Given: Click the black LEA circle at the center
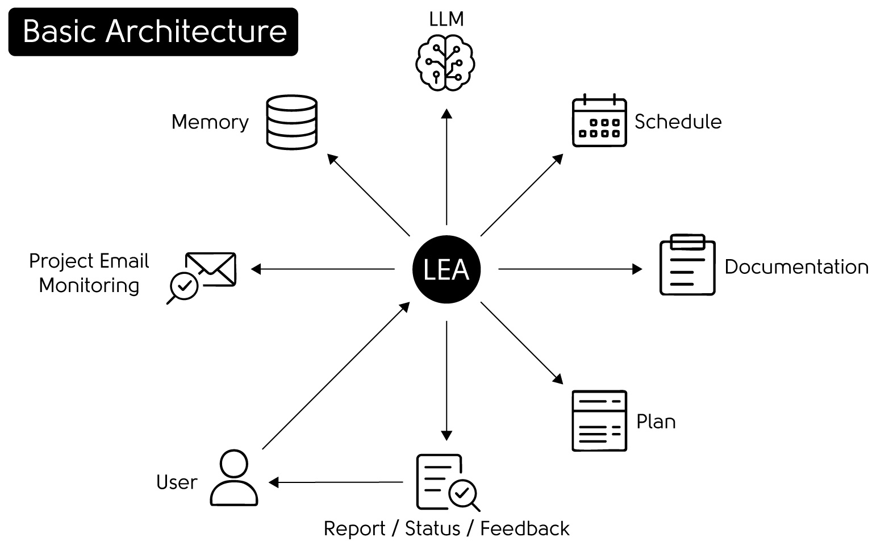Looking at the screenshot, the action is coord(446,269).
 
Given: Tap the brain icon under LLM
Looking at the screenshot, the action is coord(445,63).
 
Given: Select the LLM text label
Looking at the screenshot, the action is coord(446,19).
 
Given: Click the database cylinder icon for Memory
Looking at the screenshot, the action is coord(292,122).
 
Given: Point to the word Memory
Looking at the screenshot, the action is coord(210,122).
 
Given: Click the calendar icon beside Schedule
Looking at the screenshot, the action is coord(599,120).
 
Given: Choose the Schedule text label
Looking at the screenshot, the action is coord(678,122).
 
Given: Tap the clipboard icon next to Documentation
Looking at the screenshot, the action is coord(687,264).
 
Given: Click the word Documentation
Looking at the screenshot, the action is coord(796,267).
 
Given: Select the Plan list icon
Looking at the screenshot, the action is coord(599,421).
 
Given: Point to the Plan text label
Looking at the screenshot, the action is coord(656,422).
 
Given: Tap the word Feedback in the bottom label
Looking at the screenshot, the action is coord(525,529).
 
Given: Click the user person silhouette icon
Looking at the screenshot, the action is coord(234,478).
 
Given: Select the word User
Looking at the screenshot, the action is coord(177,482).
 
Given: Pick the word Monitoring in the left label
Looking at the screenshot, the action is coord(89,286).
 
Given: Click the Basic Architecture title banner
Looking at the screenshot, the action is coord(153,31).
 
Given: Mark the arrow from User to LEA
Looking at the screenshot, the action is coord(336,376).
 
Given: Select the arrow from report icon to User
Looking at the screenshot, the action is coord(336,482).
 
